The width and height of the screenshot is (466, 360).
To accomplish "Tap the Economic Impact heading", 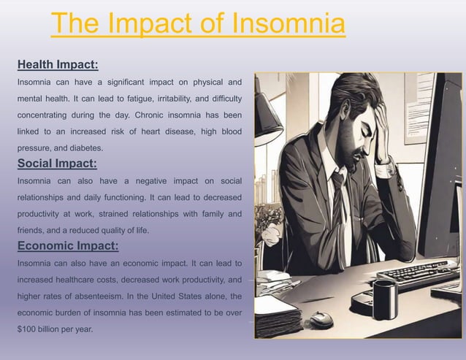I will (67, 245).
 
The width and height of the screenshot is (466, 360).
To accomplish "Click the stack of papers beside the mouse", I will (276, 314).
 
